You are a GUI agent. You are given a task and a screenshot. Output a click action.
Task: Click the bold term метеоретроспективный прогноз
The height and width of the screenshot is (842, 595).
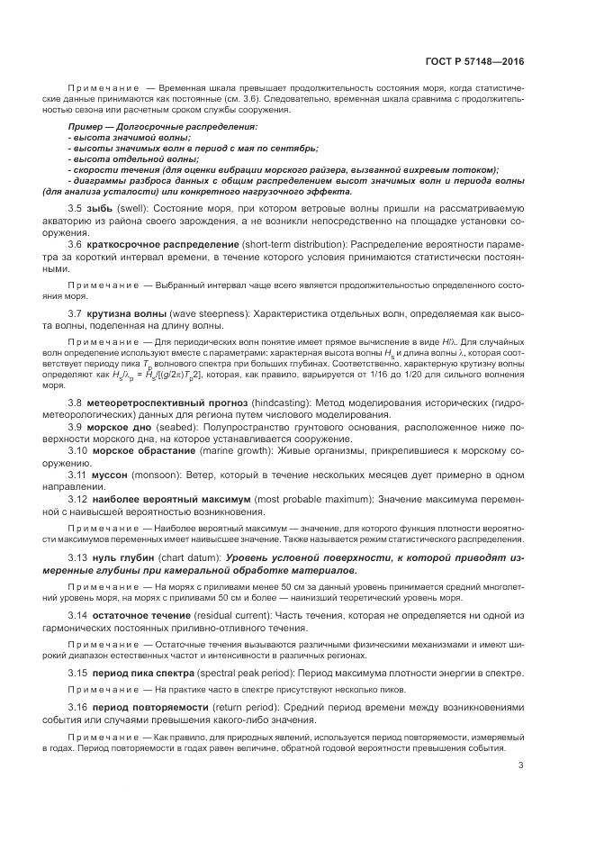(x=158, y=402)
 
